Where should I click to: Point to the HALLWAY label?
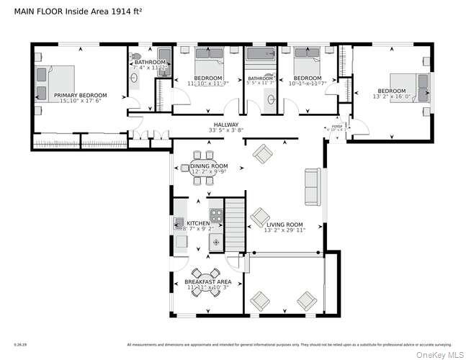[x=223, y=125]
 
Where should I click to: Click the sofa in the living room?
[x=313, y=186]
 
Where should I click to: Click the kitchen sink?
[x=179, y=225]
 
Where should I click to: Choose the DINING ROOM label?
[x=209, y=166]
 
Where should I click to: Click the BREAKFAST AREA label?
[x=207, y=281]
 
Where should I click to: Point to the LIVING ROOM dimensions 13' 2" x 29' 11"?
[x=285, y=230]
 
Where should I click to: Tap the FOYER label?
[x=336, y=125]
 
